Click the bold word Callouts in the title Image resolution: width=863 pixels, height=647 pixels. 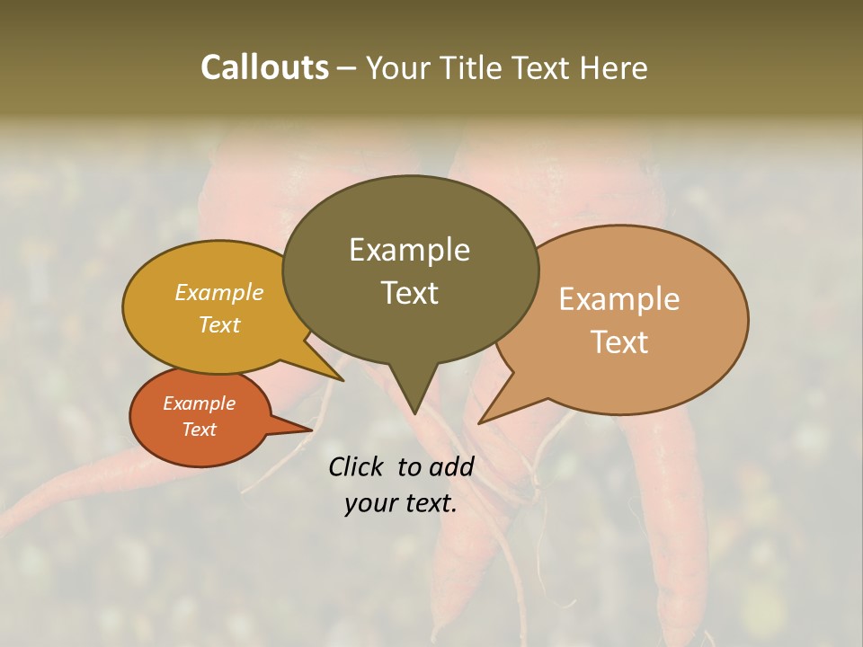click(x=264, y=68)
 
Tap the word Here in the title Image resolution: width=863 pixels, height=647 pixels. click(x=612, y=68)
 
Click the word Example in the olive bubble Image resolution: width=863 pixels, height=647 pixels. click(x=409, y=250)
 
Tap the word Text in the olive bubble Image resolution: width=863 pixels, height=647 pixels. click(x=409, y=293)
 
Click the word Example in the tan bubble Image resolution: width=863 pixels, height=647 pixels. click(x=619, y=299)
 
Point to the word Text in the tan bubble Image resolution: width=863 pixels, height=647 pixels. click(x=619, y=342)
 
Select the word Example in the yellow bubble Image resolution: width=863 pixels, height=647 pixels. click(x=218, y=293)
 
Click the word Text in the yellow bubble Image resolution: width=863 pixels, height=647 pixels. click(x=218, y=325)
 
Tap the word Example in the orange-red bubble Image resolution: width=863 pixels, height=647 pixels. click(x=199, y=403)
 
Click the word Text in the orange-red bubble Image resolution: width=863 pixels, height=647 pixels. click(x=199, y=430)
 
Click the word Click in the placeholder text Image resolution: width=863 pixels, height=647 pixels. click(x=358, y=466)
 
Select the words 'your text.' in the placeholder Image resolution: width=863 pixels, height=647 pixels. click(x=401, y=504)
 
